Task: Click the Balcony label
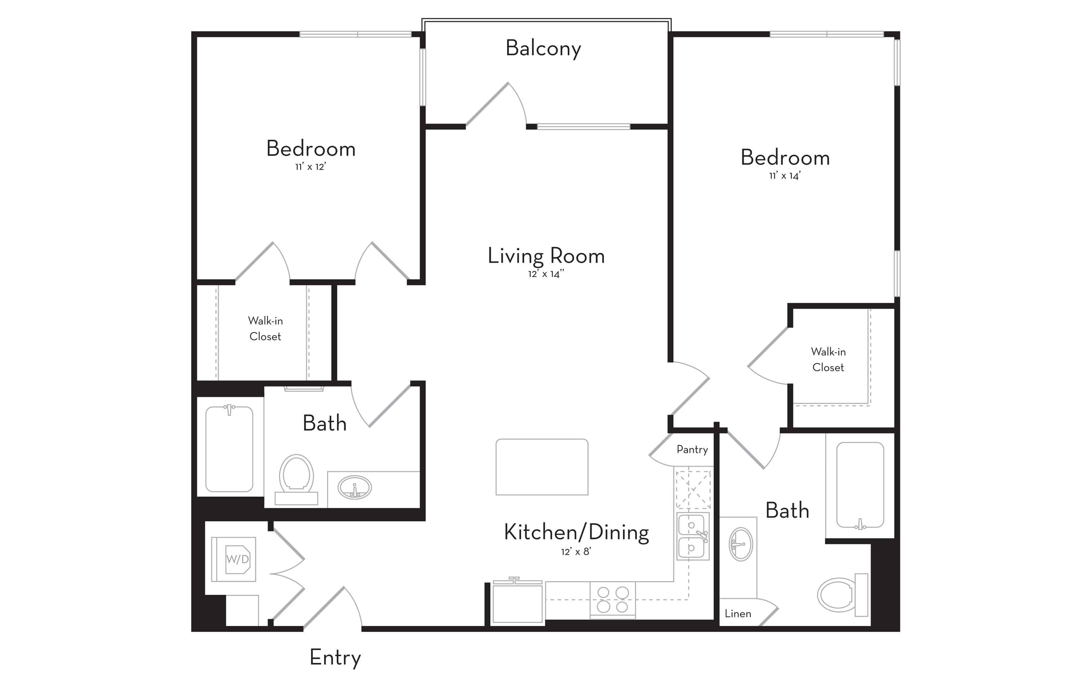point(543,48)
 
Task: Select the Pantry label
point(692,449)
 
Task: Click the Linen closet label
point(738,613)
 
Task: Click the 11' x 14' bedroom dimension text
point(785,176)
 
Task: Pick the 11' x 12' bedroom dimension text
point(310,167)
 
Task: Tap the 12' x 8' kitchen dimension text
point(576,552)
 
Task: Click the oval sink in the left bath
point(355,488)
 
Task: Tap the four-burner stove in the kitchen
point(612,599)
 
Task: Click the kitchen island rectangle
point(542,467)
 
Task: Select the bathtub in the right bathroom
point(860,485)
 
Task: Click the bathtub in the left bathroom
point(229,449)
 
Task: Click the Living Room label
point(546,256)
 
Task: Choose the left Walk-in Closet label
point(265,328)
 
